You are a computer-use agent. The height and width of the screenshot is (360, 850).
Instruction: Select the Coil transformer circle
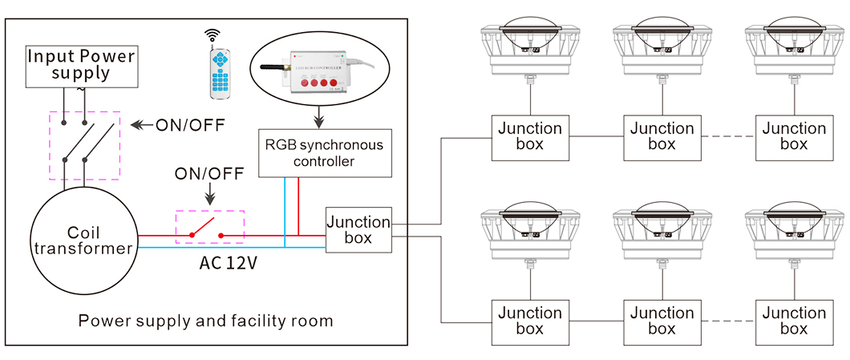(82, 241)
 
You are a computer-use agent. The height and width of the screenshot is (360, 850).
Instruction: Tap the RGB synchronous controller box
(325, 152)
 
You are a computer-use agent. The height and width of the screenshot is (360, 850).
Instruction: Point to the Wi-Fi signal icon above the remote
(212, 35)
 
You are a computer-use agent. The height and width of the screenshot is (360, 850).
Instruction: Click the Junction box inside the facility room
(358, 230)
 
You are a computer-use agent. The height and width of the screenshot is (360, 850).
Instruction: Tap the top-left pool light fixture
(530, 45)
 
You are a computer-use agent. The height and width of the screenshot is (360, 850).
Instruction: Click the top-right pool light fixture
(794, 45)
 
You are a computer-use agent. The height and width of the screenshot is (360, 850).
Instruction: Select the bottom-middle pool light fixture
(662, 229)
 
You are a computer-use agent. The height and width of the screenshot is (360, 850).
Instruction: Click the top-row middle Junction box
(662, 136)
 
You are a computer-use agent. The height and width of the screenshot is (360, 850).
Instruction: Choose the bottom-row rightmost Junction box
(794, 321)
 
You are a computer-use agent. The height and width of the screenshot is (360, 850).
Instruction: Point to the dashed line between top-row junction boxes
(727, 136)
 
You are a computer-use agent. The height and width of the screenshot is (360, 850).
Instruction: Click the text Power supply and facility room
(205, 321)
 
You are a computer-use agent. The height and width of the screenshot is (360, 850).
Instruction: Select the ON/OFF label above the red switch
(209, 174)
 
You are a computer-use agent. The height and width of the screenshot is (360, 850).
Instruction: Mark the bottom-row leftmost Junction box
(530, 321)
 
